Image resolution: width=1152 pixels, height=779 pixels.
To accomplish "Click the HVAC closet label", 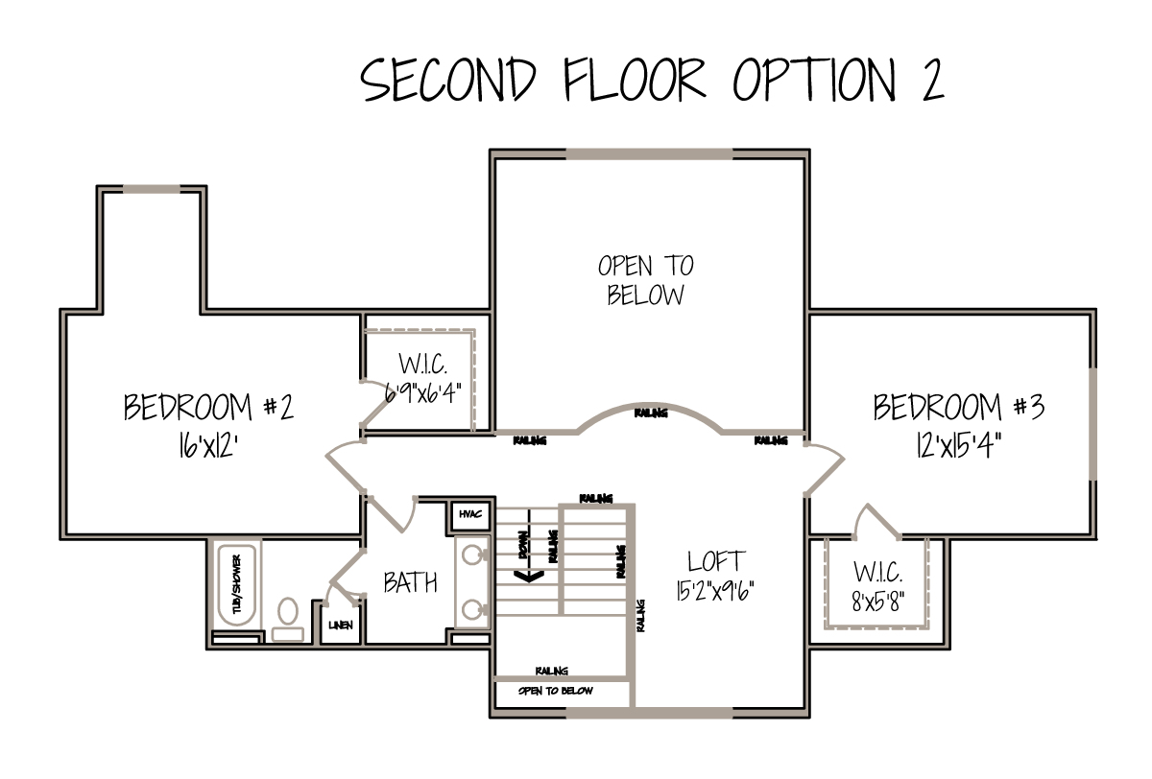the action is point(470,514).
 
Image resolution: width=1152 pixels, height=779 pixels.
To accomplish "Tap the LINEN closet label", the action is point(341,626).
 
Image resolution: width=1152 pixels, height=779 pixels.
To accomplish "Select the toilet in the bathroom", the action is point(288,619).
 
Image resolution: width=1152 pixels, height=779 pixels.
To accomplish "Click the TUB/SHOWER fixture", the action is point(237,585).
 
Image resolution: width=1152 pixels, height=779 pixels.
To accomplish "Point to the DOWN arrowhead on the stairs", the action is point(529,576).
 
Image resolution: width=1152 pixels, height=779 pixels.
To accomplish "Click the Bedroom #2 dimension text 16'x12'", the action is point(207,444).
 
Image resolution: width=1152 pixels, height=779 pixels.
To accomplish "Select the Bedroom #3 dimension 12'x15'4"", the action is point(959,444).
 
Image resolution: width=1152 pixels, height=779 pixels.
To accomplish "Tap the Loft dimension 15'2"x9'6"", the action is point(715,591).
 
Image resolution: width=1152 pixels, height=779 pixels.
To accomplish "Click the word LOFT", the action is point(716,561).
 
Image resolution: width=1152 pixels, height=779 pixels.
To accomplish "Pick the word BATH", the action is point(411,582).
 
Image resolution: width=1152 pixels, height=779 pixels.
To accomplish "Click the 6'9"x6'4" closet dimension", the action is point(422,393).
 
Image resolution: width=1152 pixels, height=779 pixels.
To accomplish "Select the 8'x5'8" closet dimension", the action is point(877,601).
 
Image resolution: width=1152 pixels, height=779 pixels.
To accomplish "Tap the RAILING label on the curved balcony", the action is point(651,413).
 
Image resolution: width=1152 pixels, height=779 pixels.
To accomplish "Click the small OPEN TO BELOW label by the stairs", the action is point(556,691).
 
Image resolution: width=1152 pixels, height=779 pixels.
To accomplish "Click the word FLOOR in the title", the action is point(635,80).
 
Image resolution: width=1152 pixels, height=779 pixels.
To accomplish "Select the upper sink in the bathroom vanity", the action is point(472,555).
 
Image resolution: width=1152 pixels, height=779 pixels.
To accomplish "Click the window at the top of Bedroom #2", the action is point(152,190).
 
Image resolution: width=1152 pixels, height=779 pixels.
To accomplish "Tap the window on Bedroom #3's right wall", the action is point(1092,424).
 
